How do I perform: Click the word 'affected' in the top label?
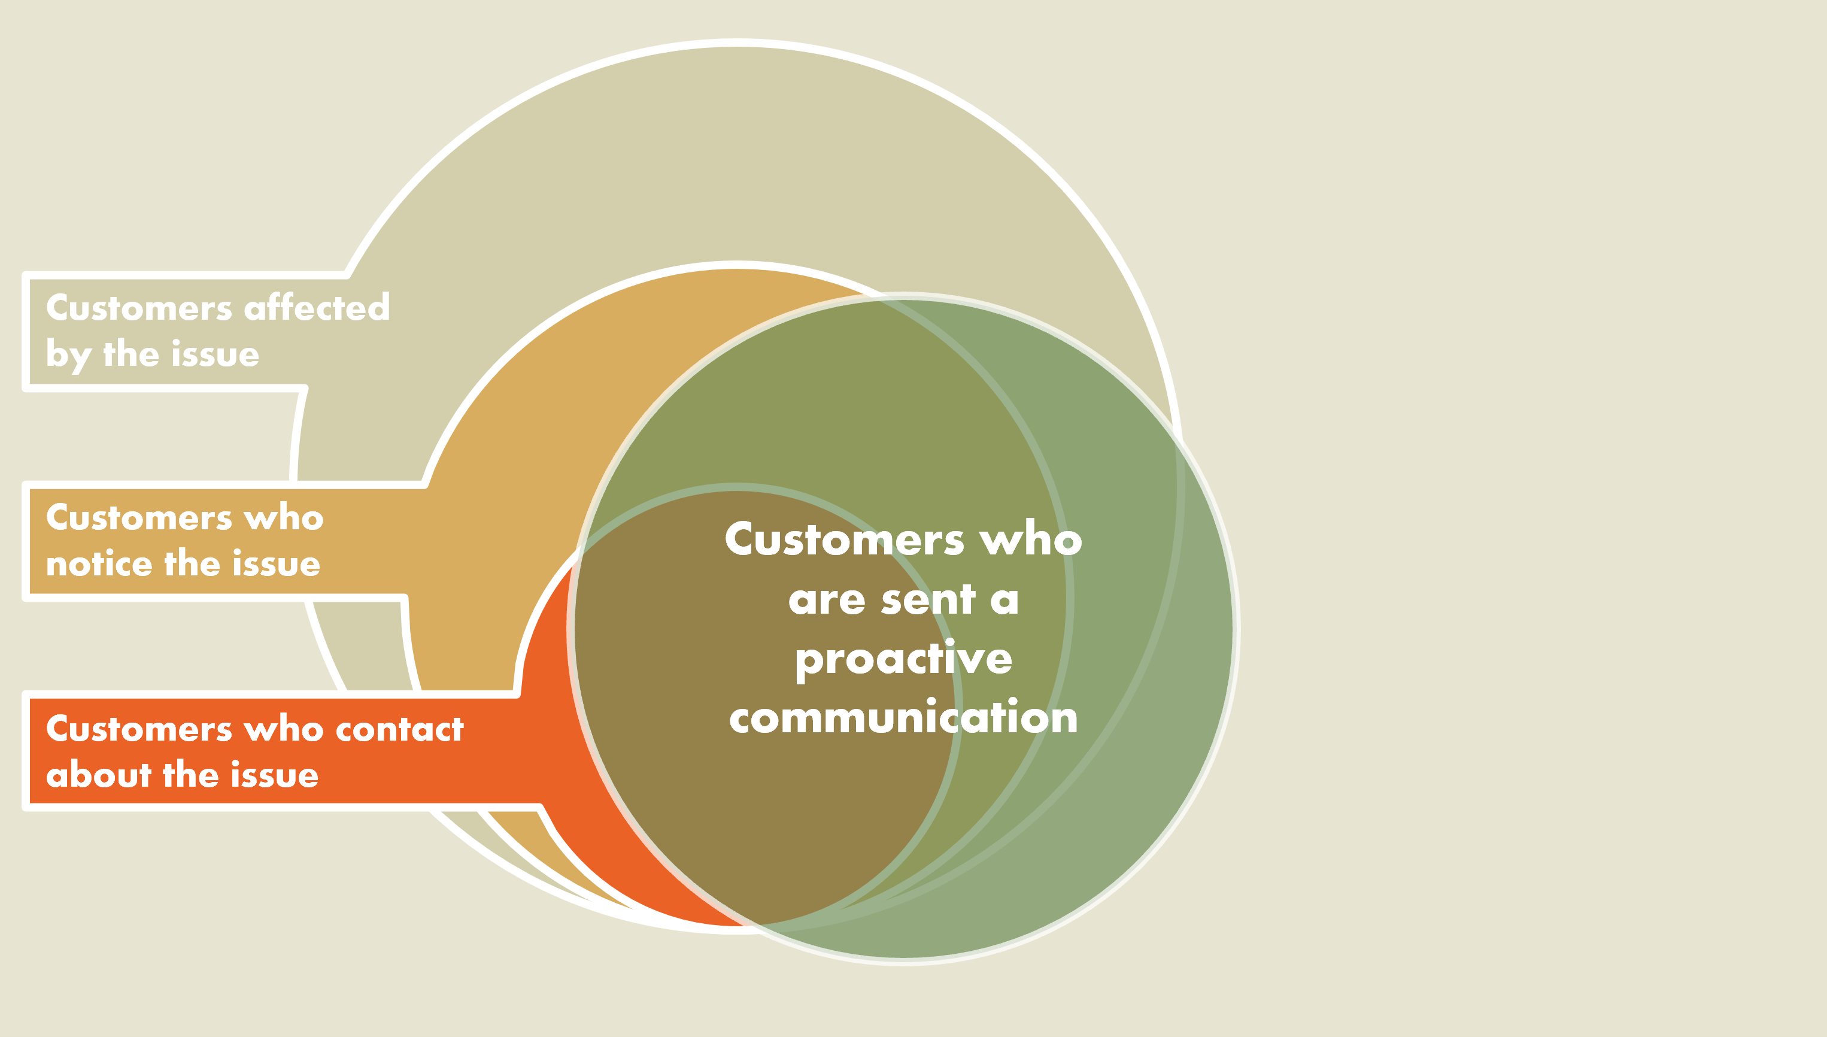(x=317, y=308)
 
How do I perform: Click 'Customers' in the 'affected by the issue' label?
(x=139, y=308)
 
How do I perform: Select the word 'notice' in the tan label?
(x=98, y=563)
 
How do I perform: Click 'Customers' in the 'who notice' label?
(x=139, y=518)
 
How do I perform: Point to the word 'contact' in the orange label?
(x=399, y=729)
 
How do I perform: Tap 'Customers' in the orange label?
(x=139, y=729)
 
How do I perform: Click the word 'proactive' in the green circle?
(x=903, y=659)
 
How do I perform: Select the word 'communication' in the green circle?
(x=903, y=717)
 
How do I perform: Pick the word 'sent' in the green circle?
(x=927, y=600)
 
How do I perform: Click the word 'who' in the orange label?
(x=283, y=729)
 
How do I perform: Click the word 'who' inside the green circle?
(x=1030, y=540)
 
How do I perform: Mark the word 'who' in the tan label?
(x=284, y=518)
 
